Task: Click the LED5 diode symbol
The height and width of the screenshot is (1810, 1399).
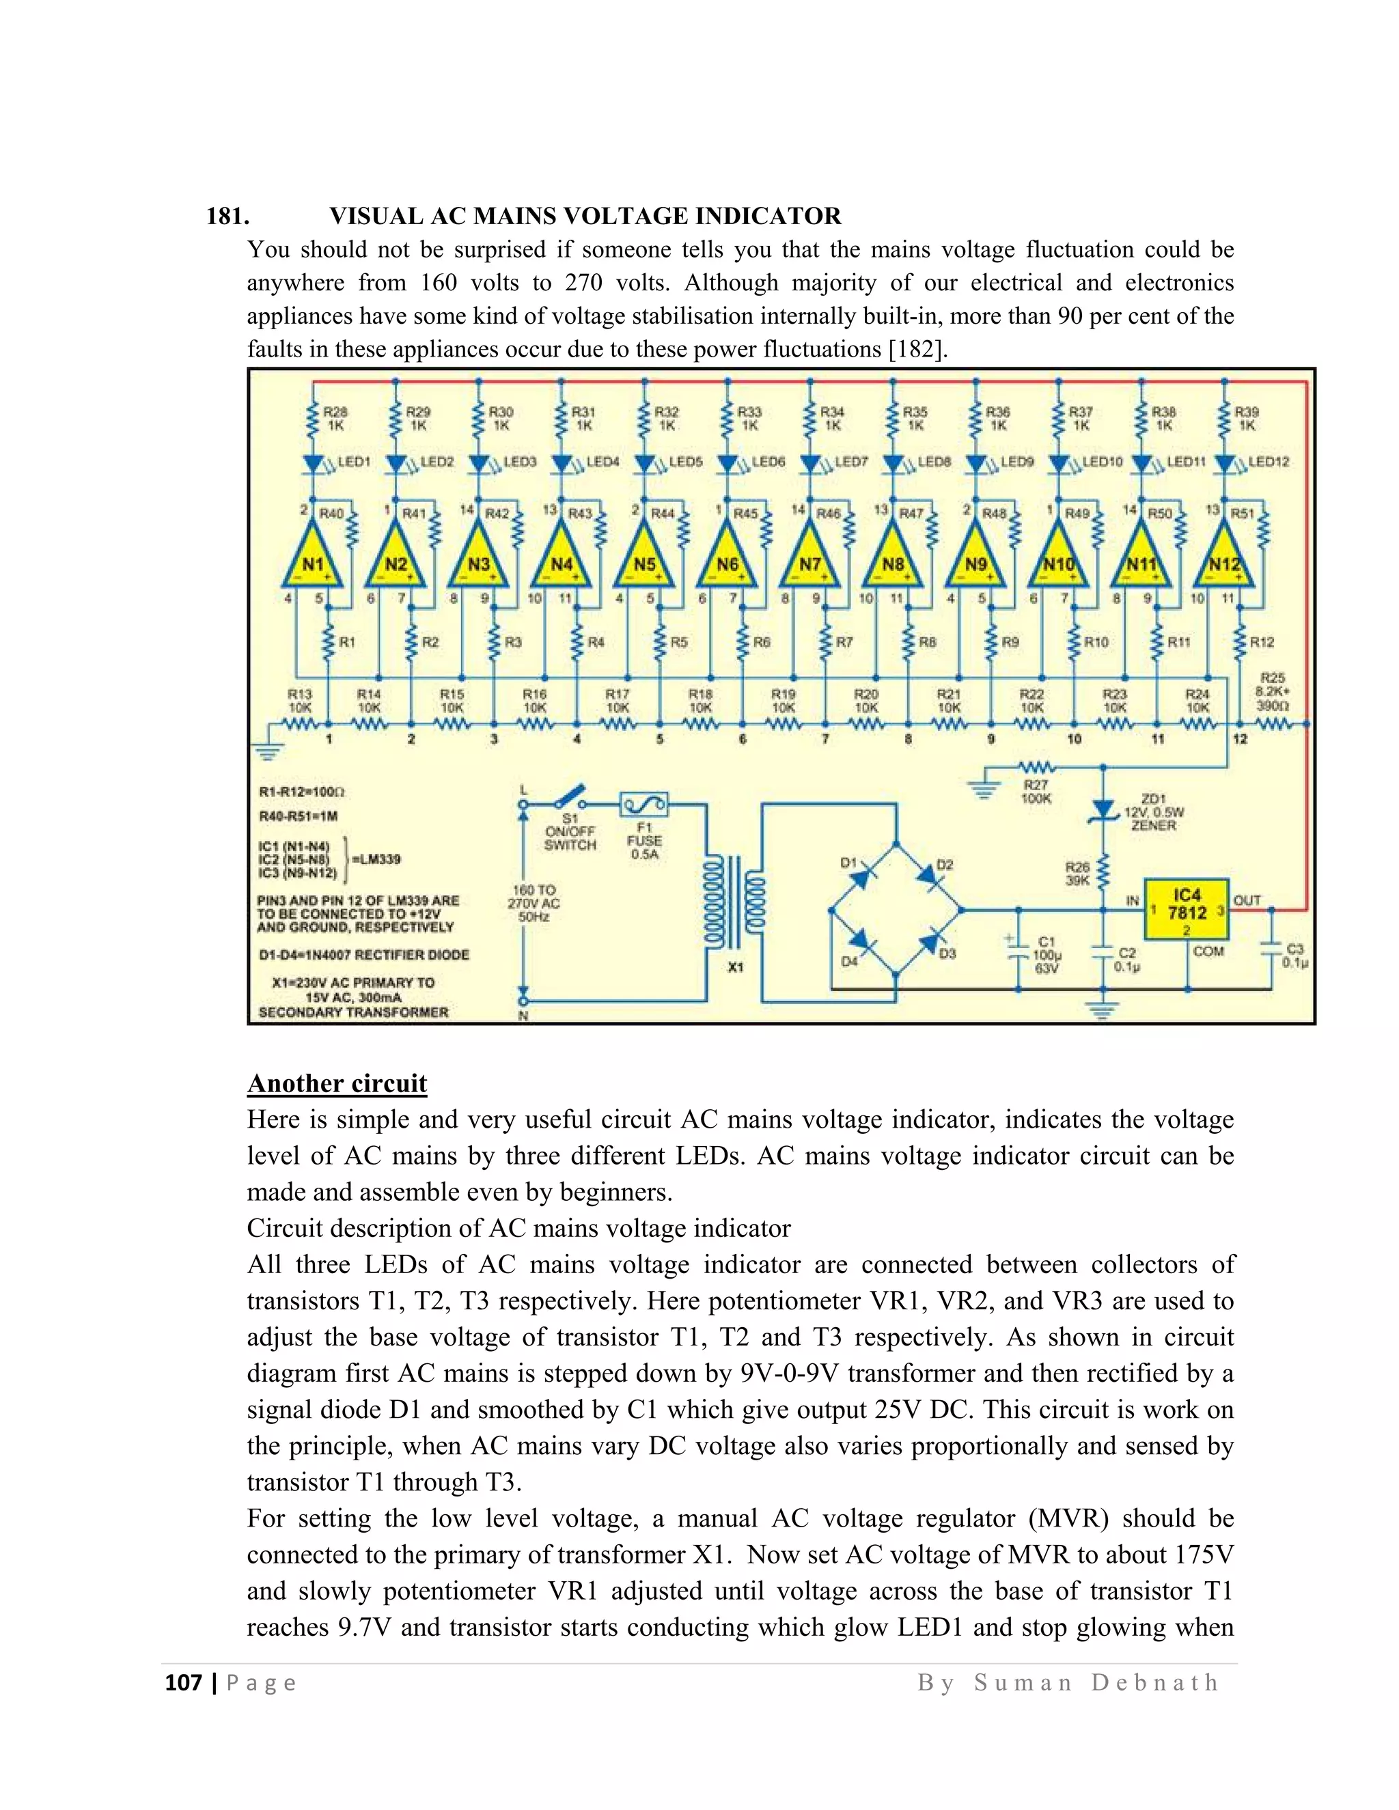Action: (645, 462)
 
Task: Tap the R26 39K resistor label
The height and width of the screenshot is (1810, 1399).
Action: (1077, 874)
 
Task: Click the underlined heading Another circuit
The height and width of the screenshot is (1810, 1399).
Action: (337, 1083)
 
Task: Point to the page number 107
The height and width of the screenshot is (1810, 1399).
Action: (184, 1682)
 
